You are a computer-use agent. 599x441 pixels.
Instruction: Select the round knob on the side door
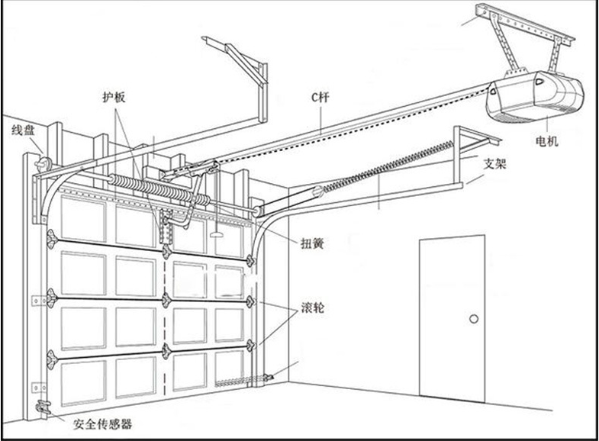click(x=473, y=318)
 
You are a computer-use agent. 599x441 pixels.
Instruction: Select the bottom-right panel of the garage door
click(x=229, y=368)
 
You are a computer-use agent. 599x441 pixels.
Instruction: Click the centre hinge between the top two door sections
click(x=166, y=250)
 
